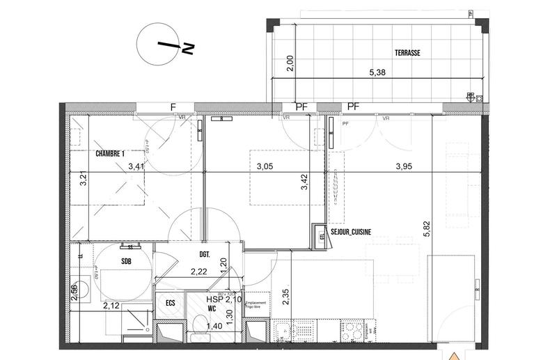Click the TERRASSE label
tap(407, 52)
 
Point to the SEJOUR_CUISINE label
tap(360, 228)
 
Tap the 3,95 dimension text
tap(407, 166)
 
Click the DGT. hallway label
tap(205, 255)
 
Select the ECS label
tap(169, 303)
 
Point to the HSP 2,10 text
tap(223, 299)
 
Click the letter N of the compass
tap(187, 48)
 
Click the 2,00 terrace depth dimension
tap(292, 63)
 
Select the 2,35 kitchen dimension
tap(286, 297)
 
